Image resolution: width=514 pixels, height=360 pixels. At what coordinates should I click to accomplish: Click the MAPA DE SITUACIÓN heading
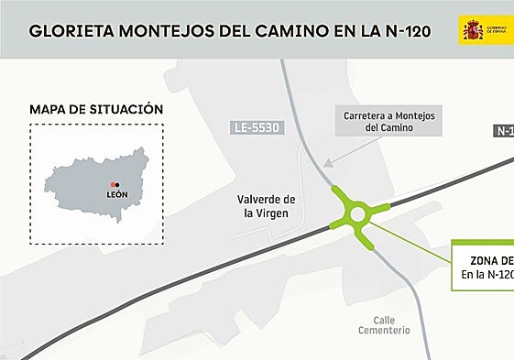point(96,110)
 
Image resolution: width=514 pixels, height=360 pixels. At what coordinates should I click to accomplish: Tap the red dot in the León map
point(112,183)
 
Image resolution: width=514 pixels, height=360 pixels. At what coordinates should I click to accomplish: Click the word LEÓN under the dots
point(116,195)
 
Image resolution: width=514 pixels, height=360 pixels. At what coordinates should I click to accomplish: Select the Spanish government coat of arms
point(473,30)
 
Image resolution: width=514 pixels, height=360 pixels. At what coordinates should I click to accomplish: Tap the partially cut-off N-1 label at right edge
point(504,131)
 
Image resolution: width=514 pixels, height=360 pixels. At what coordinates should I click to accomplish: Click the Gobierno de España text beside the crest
point(500,30)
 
